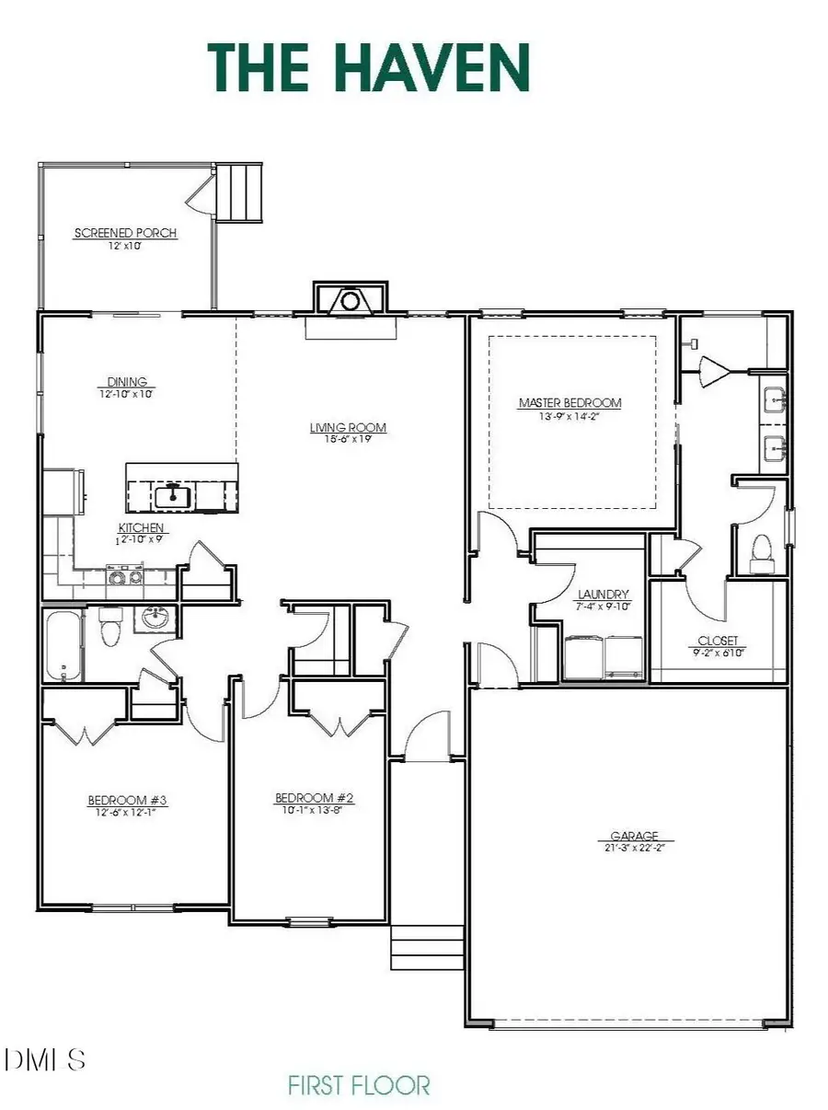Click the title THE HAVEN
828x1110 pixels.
[369, 68]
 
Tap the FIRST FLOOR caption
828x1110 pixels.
[359, 1085]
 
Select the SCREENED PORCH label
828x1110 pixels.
[125, 233]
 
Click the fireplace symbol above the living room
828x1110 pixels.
[350, 299]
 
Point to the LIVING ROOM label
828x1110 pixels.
[347, 427]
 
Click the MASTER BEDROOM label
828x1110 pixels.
[569, 402]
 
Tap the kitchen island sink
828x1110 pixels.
[172, 497]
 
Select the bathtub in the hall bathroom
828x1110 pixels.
[62, 643]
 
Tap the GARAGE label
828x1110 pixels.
[628, 837]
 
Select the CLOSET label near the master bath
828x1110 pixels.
[718, 641]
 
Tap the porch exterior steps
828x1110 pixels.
[240, 191]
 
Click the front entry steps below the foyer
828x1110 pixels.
[427, 946]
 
